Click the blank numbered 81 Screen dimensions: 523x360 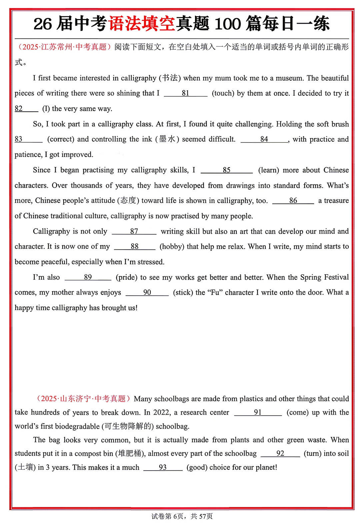click(186, 94)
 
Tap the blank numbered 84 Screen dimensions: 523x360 click(264, 139)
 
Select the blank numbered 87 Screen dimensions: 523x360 click(134, 232)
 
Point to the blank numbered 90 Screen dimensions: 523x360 click(147, 293)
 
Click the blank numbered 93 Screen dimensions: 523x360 click(163, 468)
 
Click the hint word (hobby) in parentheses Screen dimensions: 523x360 click(172, 247)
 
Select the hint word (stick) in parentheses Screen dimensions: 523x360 click(183, 293)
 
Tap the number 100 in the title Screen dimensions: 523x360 click(227, 24)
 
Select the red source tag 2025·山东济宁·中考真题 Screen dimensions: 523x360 click(83, 399)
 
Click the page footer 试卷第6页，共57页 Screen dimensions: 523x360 click(182, 516)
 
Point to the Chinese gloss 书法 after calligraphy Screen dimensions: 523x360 click(170, 78)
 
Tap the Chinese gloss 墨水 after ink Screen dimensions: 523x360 click(167, 139)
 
